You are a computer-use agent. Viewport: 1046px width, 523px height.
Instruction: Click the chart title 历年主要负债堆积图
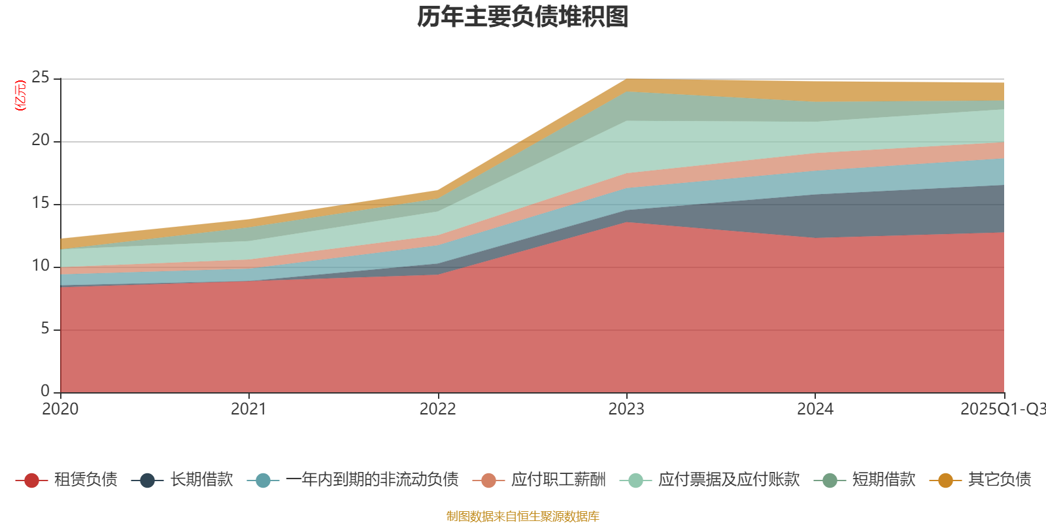pos(523,17)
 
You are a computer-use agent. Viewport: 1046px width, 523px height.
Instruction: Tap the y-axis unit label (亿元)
pos(20,95)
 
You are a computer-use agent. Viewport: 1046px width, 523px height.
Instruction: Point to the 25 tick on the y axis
pos(41,78)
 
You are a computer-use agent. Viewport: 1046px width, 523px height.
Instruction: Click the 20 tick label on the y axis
pos(41,141)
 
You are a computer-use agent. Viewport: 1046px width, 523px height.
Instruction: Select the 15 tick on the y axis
pos(41,203)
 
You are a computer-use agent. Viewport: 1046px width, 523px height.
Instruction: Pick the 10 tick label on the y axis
pos(41,266)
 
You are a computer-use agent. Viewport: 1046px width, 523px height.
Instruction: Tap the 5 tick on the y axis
pos(44,329)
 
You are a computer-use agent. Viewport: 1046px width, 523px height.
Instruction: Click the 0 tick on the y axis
pos(44,392)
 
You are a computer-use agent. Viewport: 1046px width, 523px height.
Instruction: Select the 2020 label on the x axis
pos(60,409)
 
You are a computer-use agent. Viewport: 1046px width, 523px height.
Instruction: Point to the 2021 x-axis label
pos(248,409)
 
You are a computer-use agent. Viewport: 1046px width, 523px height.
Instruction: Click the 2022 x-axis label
pos(437,409)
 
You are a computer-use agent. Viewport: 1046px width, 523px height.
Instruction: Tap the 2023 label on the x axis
pos(626,409)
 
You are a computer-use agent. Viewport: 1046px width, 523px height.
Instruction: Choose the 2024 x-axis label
pos(815,409)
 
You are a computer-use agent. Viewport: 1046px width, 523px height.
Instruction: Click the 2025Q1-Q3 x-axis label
pos(1002,409)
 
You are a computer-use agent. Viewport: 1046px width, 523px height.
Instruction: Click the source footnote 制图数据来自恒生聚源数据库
pos(523,516)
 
